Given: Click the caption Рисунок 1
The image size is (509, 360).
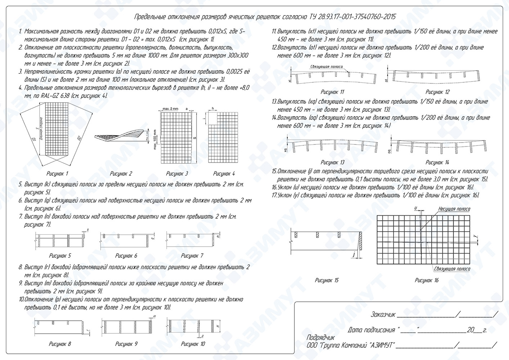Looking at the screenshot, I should click(x=57, y=174).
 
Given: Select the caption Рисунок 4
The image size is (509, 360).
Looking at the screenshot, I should click(x=224, y=174).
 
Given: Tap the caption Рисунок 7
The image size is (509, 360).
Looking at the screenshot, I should click(x=192, y=256).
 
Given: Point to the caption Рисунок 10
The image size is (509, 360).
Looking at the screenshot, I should click(x=193, y=344).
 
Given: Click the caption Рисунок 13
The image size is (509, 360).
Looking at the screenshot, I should click(x=332, y=162).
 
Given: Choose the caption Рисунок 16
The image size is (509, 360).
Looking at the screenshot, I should click(x=427, y=280).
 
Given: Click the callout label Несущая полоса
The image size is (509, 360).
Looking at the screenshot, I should click(x=454, y=209).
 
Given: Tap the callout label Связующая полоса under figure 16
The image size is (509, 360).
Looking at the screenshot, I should click(x=452, y=269).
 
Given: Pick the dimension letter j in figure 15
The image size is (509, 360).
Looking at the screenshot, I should click(x=354, y=255).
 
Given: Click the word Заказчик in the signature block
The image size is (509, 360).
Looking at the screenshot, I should click(x=383, y=315).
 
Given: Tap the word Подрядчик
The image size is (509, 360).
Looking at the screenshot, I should click(x=320, y=338).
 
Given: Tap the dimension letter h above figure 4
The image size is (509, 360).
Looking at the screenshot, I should click(x=213, y=108).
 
